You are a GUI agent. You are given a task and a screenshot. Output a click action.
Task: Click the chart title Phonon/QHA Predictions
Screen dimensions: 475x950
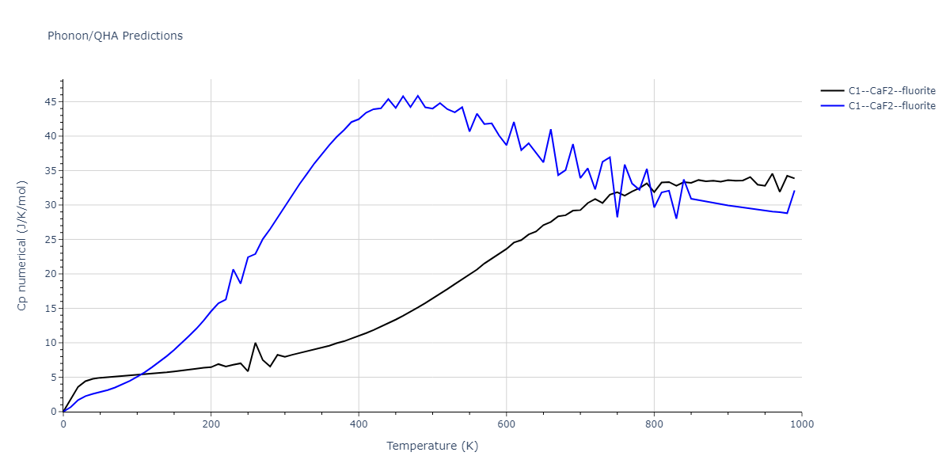115,36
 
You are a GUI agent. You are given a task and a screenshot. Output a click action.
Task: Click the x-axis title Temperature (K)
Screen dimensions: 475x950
432,446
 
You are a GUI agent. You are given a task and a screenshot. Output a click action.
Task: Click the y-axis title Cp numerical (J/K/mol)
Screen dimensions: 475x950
22,245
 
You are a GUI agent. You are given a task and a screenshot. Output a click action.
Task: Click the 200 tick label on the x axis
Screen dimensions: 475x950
211,424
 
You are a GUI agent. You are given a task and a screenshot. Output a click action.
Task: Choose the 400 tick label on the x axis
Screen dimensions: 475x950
359,424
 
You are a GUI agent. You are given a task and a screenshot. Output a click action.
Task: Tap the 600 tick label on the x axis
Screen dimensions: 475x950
507,424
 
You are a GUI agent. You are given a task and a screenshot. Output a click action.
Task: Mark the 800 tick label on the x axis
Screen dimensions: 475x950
654,424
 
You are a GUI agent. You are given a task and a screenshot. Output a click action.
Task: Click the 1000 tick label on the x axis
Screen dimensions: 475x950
801,424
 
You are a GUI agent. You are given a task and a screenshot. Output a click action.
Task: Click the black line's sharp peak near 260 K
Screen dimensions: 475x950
255,343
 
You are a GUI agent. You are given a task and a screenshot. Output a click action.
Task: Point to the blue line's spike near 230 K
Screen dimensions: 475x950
234,269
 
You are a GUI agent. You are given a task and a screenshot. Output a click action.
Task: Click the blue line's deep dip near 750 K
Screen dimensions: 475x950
617,217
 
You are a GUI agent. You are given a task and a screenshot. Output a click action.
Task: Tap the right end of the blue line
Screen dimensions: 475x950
794,191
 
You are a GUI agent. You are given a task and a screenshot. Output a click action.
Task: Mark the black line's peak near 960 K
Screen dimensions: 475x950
773,173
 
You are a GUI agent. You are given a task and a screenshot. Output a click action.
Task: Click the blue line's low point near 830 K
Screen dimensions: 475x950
676,218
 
